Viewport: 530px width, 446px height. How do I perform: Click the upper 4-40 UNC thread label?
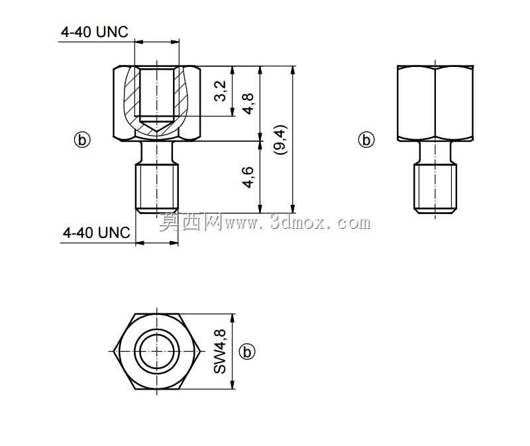(x=95, y=32)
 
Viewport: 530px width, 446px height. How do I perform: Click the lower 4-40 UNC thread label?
(x=96, y=233)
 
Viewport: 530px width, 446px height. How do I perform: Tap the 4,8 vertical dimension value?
(x=248, y=103)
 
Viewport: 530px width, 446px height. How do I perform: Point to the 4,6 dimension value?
(x=248, y=177)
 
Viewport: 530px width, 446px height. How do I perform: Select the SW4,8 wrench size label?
(x=220, y=351)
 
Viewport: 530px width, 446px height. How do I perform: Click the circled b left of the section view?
(x=82, y=140)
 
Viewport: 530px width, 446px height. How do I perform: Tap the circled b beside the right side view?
(x=366, y=140)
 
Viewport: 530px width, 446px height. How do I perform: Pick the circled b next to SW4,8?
(x=247, y=352)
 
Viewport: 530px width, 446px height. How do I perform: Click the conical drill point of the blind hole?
(x=156, y=127)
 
